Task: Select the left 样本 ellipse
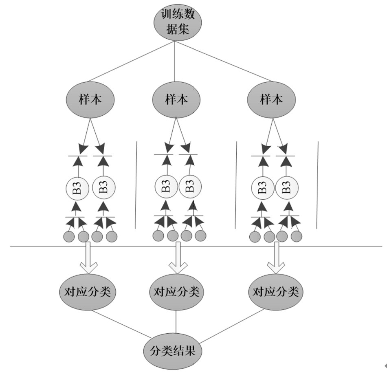click(x=90, y=99)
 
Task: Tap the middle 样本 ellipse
click(x=176, y=99)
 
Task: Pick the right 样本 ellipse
click(x=272, y=99)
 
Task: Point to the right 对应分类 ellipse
click(x=276, y=292)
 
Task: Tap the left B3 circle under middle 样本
click(x=166, y=188)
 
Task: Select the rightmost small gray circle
click(x=297, y=236)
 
